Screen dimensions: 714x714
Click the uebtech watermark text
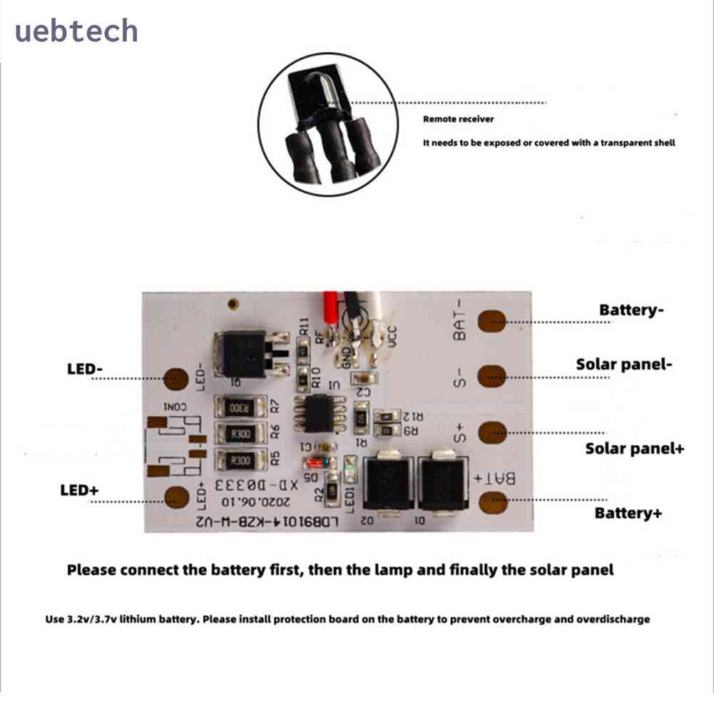76,31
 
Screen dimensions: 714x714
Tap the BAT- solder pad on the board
491,321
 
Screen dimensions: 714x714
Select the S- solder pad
491,375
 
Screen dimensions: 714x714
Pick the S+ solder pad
491,432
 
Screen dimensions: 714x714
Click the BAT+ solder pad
491,502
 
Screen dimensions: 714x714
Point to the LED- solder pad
176,379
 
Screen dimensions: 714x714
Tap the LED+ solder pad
176,496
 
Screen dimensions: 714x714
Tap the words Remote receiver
458,119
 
